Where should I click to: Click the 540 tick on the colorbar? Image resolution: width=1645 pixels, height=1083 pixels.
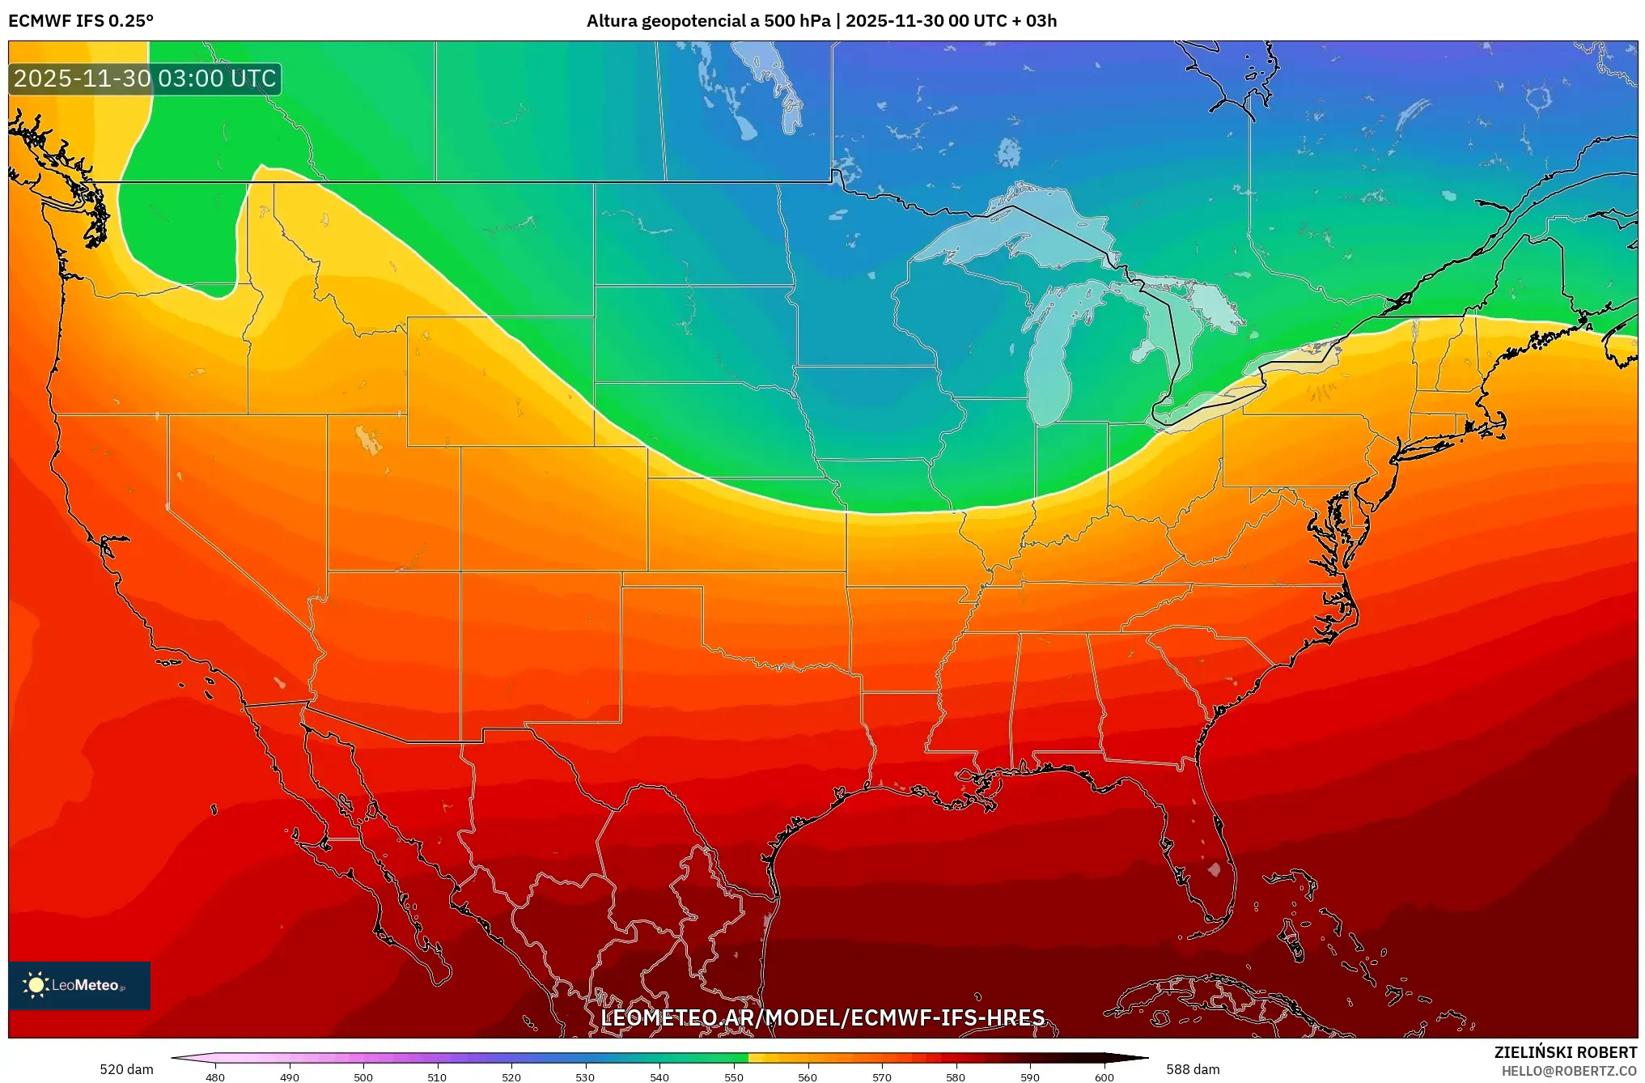pos(659,1077)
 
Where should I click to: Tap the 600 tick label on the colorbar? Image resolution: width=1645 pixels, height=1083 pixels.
pos(1104,1077)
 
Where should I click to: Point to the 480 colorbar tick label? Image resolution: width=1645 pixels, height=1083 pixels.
pos(215,1077)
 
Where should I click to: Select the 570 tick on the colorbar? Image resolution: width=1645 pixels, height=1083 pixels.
pos(882,1077)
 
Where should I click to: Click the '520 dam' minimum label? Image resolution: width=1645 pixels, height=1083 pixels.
pos(126,1069)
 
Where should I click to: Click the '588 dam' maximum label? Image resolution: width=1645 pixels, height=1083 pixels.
pos(1193,1069)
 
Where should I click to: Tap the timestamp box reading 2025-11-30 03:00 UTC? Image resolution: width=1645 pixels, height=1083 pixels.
pos(146,79)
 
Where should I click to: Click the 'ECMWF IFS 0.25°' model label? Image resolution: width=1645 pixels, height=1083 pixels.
pos(81,21)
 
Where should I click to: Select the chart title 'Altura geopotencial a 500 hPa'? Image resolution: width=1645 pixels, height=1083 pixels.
pos(708,21)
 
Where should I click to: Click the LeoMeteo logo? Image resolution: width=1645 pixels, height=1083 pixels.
pos(79,985)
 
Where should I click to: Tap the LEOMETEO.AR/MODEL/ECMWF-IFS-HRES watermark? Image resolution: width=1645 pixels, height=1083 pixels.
pos(822,1017)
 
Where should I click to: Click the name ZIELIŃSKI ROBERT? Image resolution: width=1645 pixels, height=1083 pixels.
pos(1565,1052)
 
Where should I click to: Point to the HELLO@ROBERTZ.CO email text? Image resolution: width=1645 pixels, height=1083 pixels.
pos(1569,1071)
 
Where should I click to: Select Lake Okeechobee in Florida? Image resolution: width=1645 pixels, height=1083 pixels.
pos(1214,869)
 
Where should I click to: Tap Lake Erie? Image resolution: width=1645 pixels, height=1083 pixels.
pos(1214,405)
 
